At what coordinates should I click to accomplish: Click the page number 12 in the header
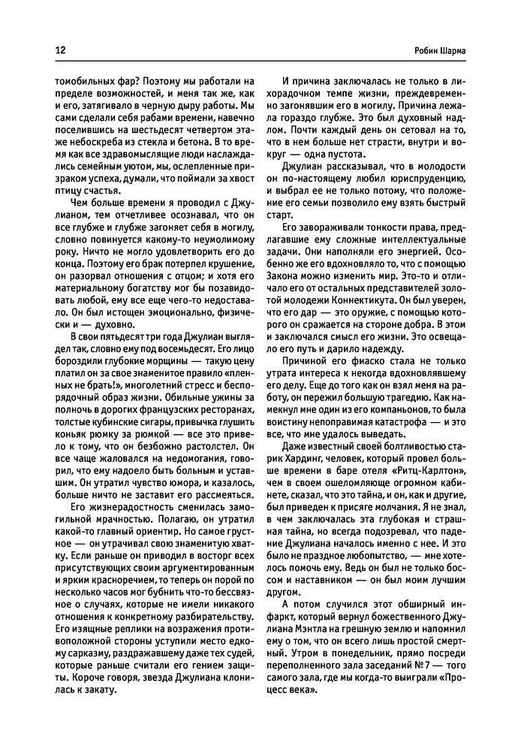(x=59, y=50)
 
